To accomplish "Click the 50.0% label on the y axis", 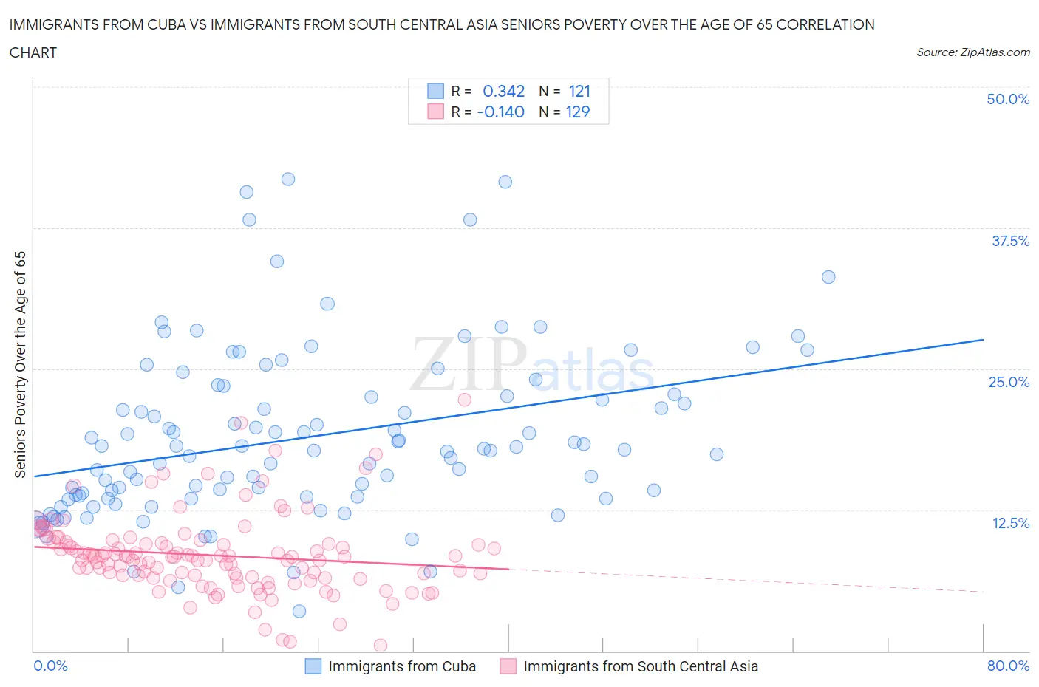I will pos(1007,99).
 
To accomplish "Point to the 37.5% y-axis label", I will pos(1009,241).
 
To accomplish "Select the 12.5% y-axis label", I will pos(1009,523).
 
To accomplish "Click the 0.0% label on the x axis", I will pos(50,666).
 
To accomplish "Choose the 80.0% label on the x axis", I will pos(1007,666).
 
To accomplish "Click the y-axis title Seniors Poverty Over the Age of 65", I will pos(20,364).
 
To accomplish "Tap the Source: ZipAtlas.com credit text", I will pos(972,52).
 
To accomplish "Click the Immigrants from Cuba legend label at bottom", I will pos(402,666).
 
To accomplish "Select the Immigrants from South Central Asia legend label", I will pos(641,666).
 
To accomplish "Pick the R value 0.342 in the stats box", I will pos(503,91).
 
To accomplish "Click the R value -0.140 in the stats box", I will pos(500,112).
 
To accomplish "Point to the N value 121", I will pos(579,91).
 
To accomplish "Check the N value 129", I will pos(578,112).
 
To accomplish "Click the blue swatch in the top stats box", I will pos(435,91).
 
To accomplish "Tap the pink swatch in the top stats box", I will pos(435,112).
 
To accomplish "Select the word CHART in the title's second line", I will pos(33,52).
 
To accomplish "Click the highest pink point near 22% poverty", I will pos(464,400).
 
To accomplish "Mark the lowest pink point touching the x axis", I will pos(381,645).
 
